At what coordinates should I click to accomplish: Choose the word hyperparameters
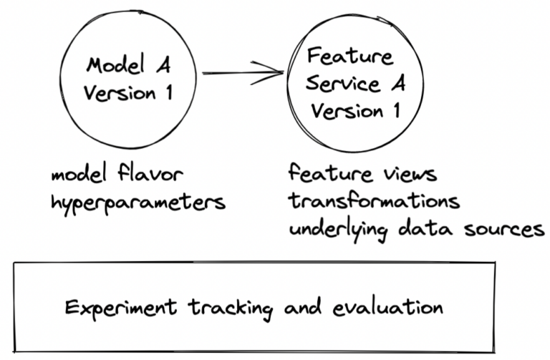(138, 203)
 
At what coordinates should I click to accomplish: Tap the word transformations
(373, 201)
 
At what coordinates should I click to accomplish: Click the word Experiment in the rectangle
(121, 308)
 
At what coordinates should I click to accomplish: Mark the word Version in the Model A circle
(120, 95)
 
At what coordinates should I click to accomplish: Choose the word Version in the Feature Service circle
(347, 112)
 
